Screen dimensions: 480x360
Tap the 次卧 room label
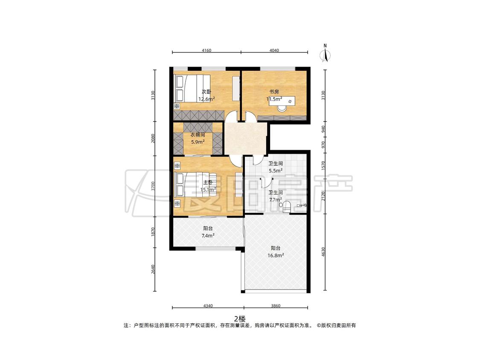pos(207,92)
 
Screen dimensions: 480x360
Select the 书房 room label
pos(274,92)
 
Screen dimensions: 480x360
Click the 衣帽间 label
pos(198,135)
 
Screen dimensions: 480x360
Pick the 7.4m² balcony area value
pos(208,235)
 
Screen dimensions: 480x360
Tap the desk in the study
pos(282,101)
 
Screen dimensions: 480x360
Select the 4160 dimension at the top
pos(207,50)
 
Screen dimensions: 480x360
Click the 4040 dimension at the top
pos(274,50)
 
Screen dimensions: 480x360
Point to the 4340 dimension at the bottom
pos(208,305)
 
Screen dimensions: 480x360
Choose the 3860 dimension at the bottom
pos(276,305)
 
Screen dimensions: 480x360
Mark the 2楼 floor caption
pos(240,319)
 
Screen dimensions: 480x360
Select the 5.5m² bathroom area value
pos(276,171)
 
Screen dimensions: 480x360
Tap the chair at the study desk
pos(282,108)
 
